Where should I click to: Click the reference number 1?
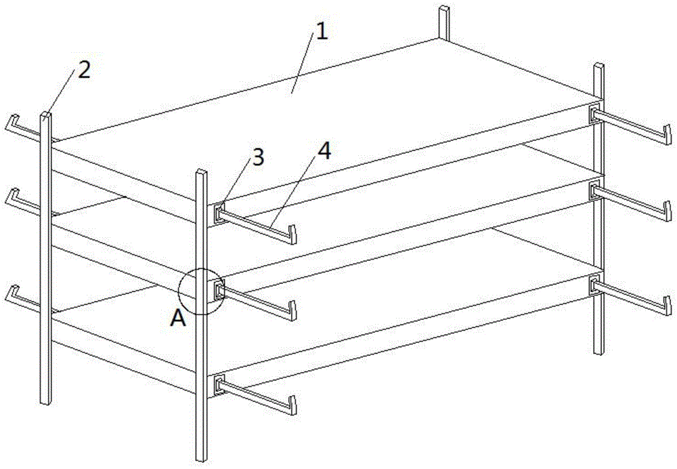pyautogui.click(x=322, y=32)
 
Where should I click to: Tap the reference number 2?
pyautogui.click(x=84, y=69)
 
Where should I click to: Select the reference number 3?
pyautogui.click(x=258, y=158)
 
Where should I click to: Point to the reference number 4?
pyautogui.click(x=324, y=151)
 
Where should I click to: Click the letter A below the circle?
pyautogui.click(x=178, y=319)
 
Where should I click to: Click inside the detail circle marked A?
pyautogui.click(x=202, y=291)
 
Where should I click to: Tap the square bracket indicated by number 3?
pyautogui.click(x=219, y=213)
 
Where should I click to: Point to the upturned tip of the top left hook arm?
pyautogui.click(x=12, y=121)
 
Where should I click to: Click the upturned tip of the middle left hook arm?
pyautogui.click(x=12, y=195)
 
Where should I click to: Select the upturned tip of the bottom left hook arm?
pyautogui.click(x=12, y=292)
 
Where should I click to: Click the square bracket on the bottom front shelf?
pyautogui.click(x=219, y=385)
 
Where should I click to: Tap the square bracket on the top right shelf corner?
pyautogui.click(x=595, y=114)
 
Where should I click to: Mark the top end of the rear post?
pyautogui.click(x=444, y=7)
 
